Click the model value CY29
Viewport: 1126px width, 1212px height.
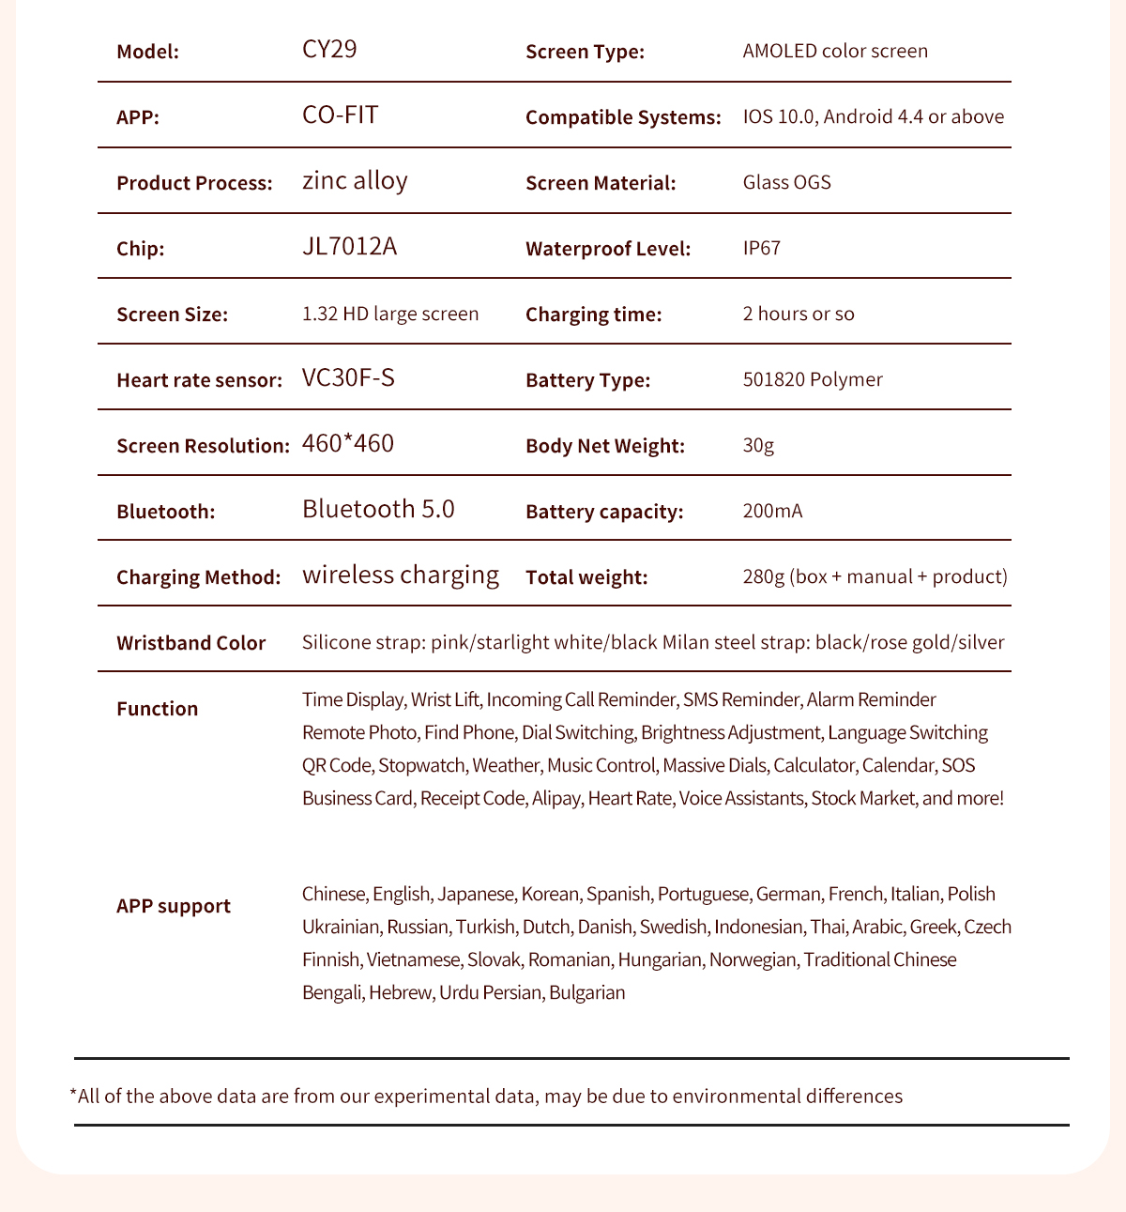click(329, 50)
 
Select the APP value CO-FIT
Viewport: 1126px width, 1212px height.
click(340, 115)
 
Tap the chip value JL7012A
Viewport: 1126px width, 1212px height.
click(349, 247)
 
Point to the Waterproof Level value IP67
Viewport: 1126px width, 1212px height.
click(761, 248)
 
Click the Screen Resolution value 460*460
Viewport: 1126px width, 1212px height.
click(348, 443)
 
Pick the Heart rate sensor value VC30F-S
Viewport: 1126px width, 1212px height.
click(348, 378)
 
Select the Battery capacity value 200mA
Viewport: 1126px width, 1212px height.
click(772, 511)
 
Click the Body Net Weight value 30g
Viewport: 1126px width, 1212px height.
click(758, 445)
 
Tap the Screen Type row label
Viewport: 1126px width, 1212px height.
click(585, 52)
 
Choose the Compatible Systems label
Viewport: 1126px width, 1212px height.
click(623, 117)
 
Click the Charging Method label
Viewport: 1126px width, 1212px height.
click(198, 577)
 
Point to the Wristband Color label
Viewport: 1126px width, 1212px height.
click(190, 643)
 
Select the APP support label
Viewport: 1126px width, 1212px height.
click(174, 906)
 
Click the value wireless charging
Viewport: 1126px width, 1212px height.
click(401, 575)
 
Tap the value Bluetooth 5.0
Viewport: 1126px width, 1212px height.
click(378, 509)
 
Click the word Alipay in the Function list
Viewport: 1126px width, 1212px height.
click(556, 798)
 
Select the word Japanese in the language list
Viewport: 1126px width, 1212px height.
click(476, 894)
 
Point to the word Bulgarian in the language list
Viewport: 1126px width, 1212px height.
click(587, 992)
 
